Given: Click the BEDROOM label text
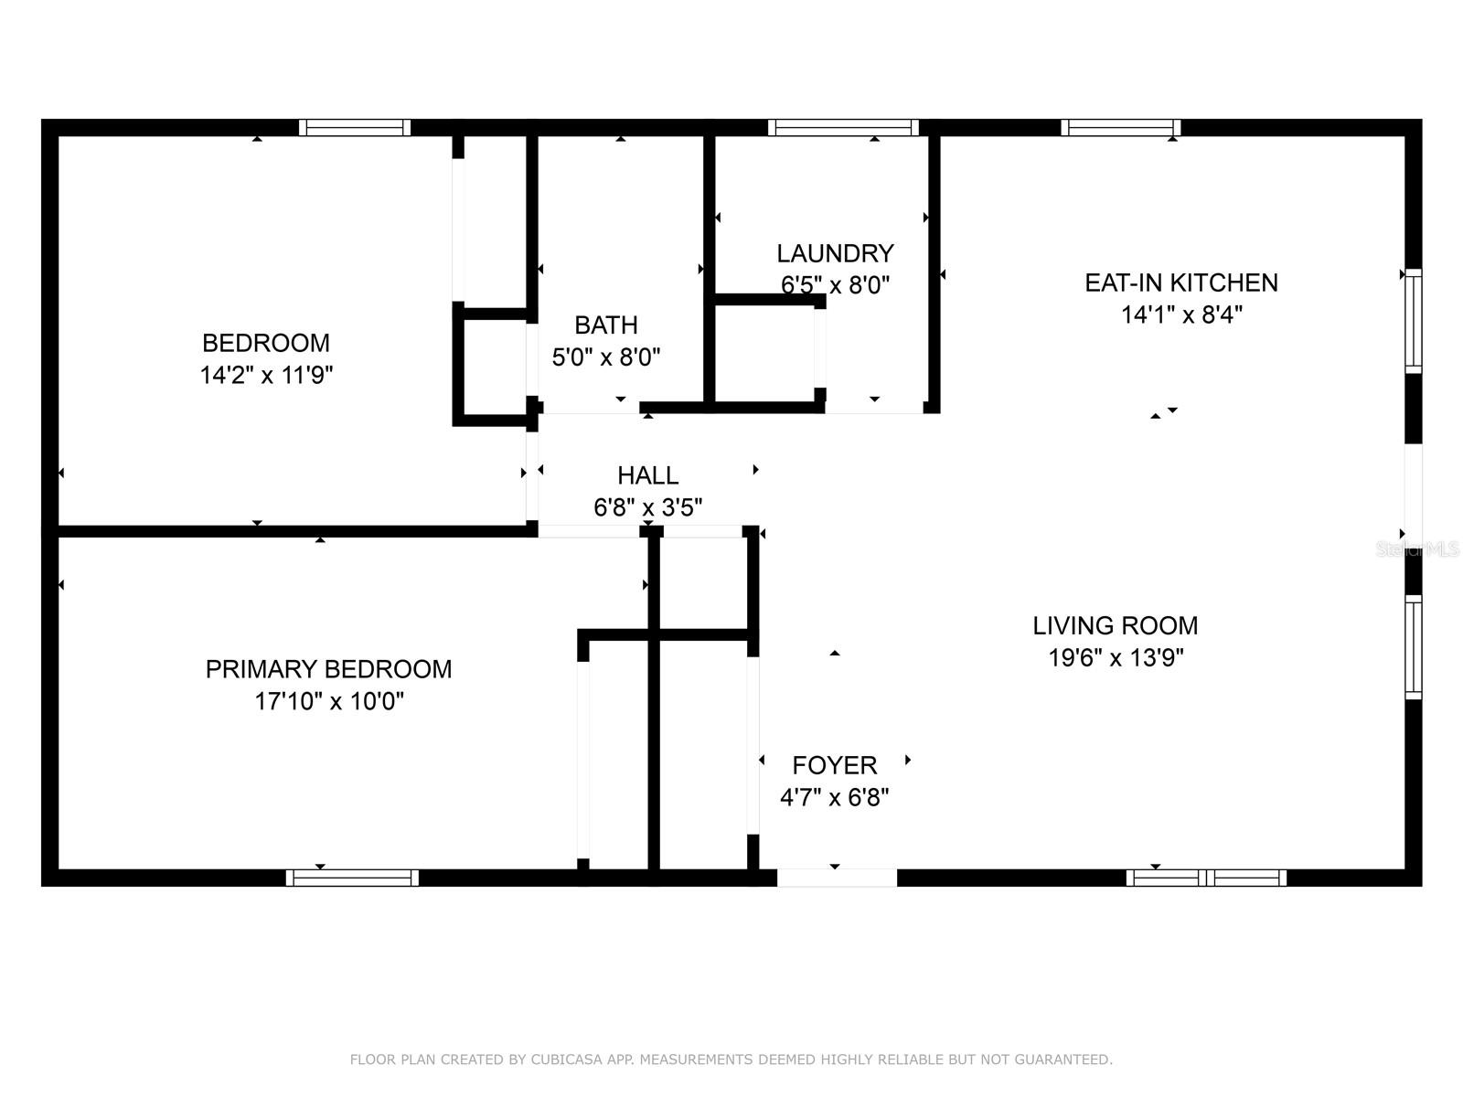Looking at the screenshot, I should point(265,343).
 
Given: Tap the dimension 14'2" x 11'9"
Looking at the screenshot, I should point(265,375).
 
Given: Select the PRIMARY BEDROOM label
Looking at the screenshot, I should point(328,669).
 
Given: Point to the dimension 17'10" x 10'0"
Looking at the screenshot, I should point(328,701).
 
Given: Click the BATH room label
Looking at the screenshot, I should point(606,325).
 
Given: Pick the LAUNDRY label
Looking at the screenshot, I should point(835,253).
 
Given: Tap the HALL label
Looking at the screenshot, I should point(647,475).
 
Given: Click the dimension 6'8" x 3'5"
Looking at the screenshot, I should point(647,507).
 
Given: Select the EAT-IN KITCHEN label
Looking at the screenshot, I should point(1180,282).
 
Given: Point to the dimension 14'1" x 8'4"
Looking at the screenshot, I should point(1180,314).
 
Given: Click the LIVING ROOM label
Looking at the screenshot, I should point(1115,625).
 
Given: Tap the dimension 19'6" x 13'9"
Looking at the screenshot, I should point(1115,657).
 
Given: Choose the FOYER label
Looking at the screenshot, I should point(834,765).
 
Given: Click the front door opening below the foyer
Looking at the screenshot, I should point(837,878).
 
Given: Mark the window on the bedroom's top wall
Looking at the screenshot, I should point(354,127).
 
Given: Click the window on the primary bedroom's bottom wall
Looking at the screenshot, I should point(352,878).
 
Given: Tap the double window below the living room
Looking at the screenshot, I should point(1206,878).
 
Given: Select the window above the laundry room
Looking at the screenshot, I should point(843,127).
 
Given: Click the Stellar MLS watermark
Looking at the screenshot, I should point(1417,549).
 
